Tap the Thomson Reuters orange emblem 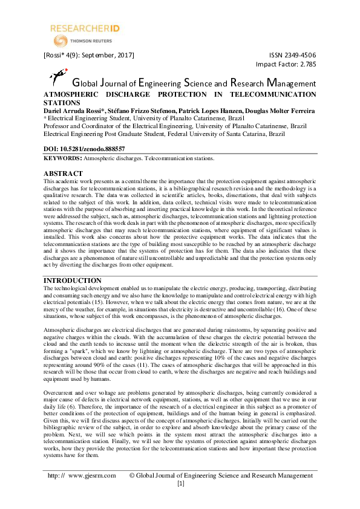(61, 41)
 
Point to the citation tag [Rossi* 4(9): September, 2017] (88, 55)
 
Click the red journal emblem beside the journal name (57, 77)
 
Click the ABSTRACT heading (64, 173)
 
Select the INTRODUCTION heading (73, 280)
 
